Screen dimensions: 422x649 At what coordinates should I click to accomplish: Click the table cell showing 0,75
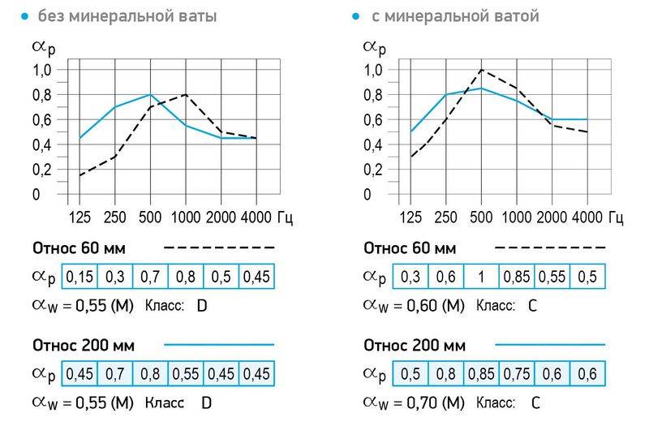(515, 374)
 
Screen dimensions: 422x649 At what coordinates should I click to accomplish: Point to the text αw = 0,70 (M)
(413, 402)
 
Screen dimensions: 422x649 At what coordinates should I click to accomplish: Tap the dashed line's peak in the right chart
(481, 70)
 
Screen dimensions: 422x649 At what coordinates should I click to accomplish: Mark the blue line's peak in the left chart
(150, 95)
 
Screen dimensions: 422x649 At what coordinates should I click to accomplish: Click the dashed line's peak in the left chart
(186, 95)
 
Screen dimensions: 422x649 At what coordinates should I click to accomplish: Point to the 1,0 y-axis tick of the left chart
(41, 71)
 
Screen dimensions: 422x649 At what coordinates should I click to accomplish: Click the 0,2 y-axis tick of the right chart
(372, 170)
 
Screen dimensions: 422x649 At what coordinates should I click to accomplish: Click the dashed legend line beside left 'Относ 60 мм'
(219, 248)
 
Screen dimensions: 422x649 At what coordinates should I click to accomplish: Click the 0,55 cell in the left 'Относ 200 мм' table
(186, 374)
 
